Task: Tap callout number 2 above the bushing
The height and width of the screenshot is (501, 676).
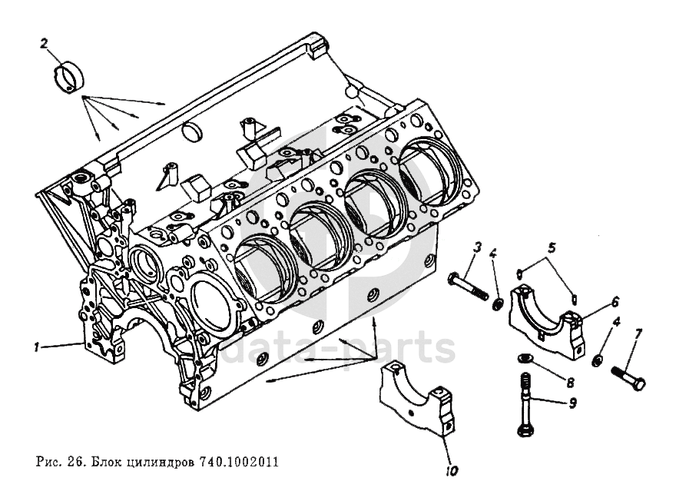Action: [45, 44]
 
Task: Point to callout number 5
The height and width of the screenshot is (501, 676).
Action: [551, 248]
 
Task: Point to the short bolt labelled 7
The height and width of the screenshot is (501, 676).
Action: [628, 377]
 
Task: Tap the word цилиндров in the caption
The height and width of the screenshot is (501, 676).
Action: [158, 463]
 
